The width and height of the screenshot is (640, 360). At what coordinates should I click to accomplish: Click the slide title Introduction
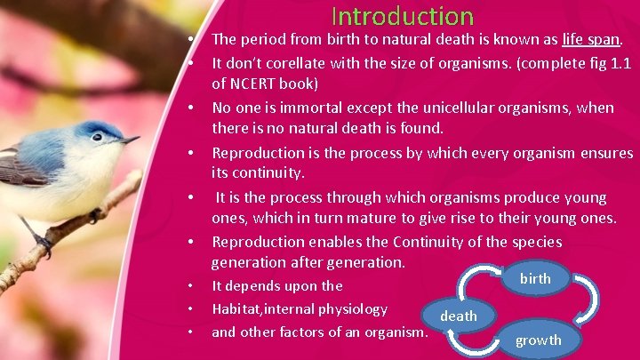tap(403, 16)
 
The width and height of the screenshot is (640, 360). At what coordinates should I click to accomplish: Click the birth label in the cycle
tap(535, 278)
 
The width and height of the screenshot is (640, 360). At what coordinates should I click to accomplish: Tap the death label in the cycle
tap(459, 316)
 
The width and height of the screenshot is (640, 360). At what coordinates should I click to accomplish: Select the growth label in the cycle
tap(539, 340)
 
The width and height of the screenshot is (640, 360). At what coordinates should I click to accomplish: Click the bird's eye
tap(97, 137)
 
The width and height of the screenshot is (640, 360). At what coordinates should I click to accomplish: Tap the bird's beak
tap(130, 140)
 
